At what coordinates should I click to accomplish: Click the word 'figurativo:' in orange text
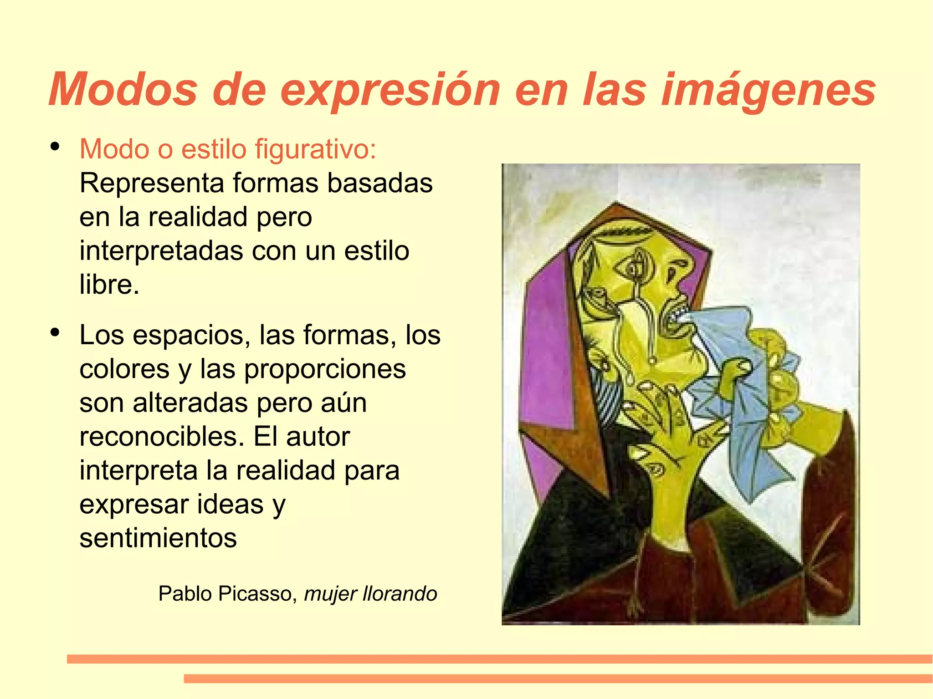[315, 149]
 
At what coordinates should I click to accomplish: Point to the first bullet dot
[55, 147]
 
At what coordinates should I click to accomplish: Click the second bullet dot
[55, 332]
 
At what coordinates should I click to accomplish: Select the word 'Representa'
[152, 183]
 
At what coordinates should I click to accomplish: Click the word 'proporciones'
[325, 369]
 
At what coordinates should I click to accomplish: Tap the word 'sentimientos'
[158, 538]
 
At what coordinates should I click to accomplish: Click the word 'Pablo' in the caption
[186, 594]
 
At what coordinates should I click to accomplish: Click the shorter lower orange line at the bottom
[558, 679]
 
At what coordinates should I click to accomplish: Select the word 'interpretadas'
[161, 251]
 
